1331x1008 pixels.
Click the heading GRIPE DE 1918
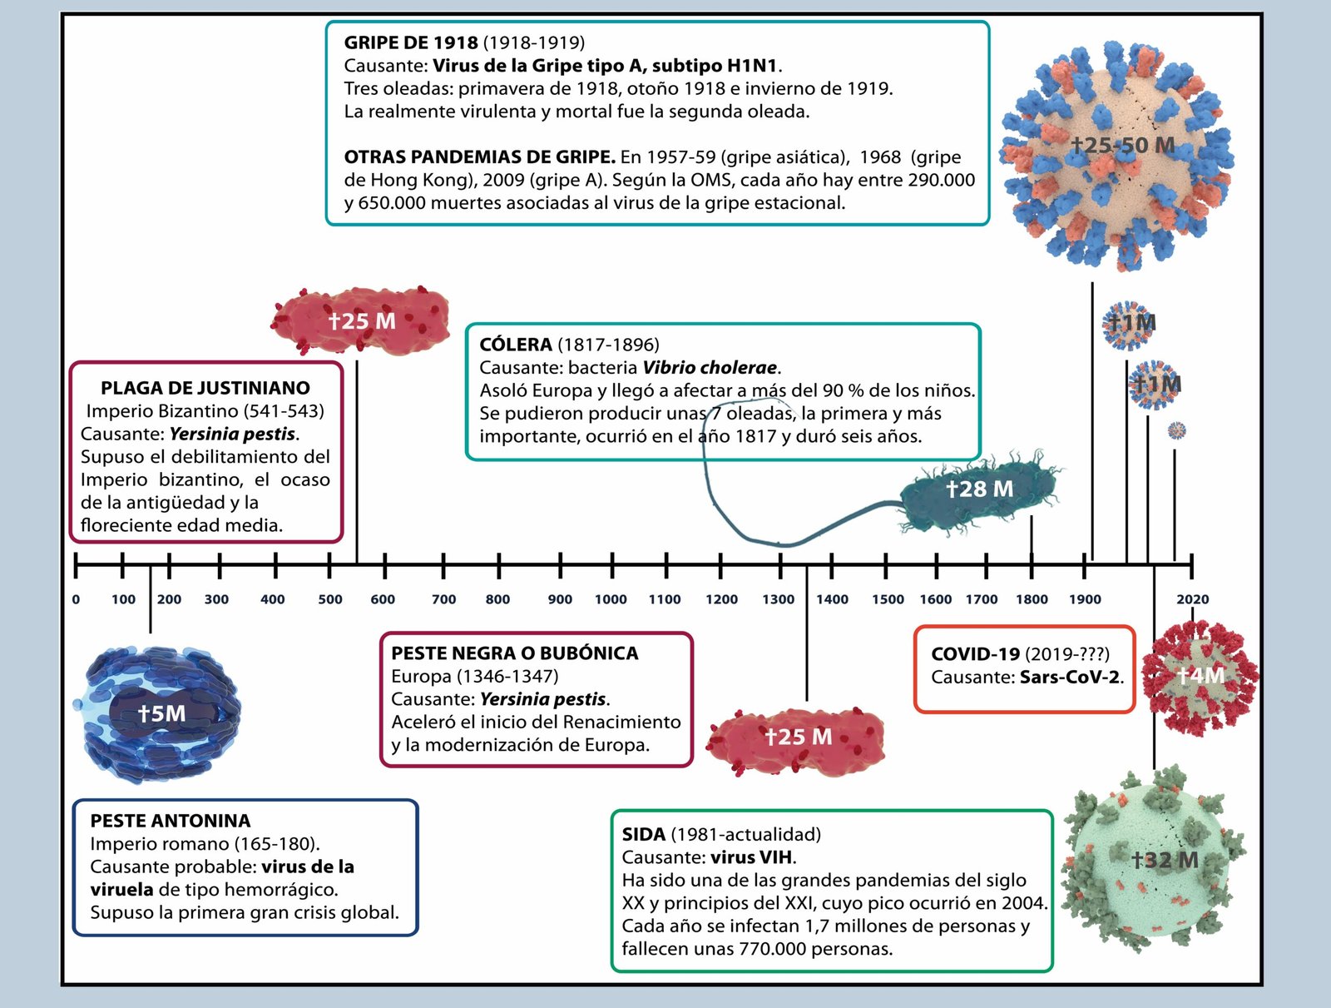[411, 42]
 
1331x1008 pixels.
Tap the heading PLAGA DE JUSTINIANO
[205, 388]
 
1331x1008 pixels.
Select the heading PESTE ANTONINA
[171, 821]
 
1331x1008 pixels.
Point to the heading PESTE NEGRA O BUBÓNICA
[515, 653]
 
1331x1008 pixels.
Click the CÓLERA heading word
[516, 345]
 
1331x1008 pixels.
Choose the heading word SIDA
[644, 834]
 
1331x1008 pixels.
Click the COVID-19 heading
[975, 654]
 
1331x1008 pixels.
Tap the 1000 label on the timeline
[611, 599]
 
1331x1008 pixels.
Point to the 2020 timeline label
[1192, 599]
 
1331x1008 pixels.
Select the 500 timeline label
[330, 599]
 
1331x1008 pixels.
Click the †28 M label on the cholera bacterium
[980, 489]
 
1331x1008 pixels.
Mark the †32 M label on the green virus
[1165, 860]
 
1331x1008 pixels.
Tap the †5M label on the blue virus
[162, 713]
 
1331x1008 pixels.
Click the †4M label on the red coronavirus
[1201, 675]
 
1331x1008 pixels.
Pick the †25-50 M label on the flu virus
[1123, 146]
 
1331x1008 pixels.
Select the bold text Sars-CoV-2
[1070, 678]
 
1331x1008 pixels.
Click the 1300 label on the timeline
[779, 599]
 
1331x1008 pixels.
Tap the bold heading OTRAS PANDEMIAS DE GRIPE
[480, 157]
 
